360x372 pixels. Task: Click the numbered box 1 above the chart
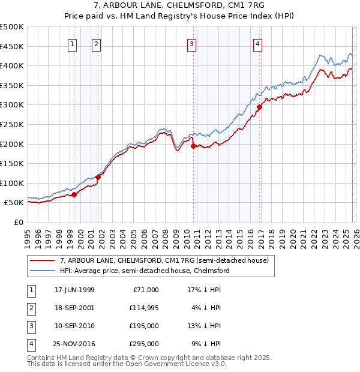tap(72, 43)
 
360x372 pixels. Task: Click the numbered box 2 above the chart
tap(96, 43)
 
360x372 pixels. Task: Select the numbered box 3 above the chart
tap(191, 43)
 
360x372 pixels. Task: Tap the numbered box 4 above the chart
tap(257, 43)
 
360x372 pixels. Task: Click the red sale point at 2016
tap(259, 107)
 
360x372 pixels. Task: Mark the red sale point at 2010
tap(193, 146)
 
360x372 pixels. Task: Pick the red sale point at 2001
tap(98, 177)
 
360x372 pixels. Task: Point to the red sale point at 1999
tap(74, 194)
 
